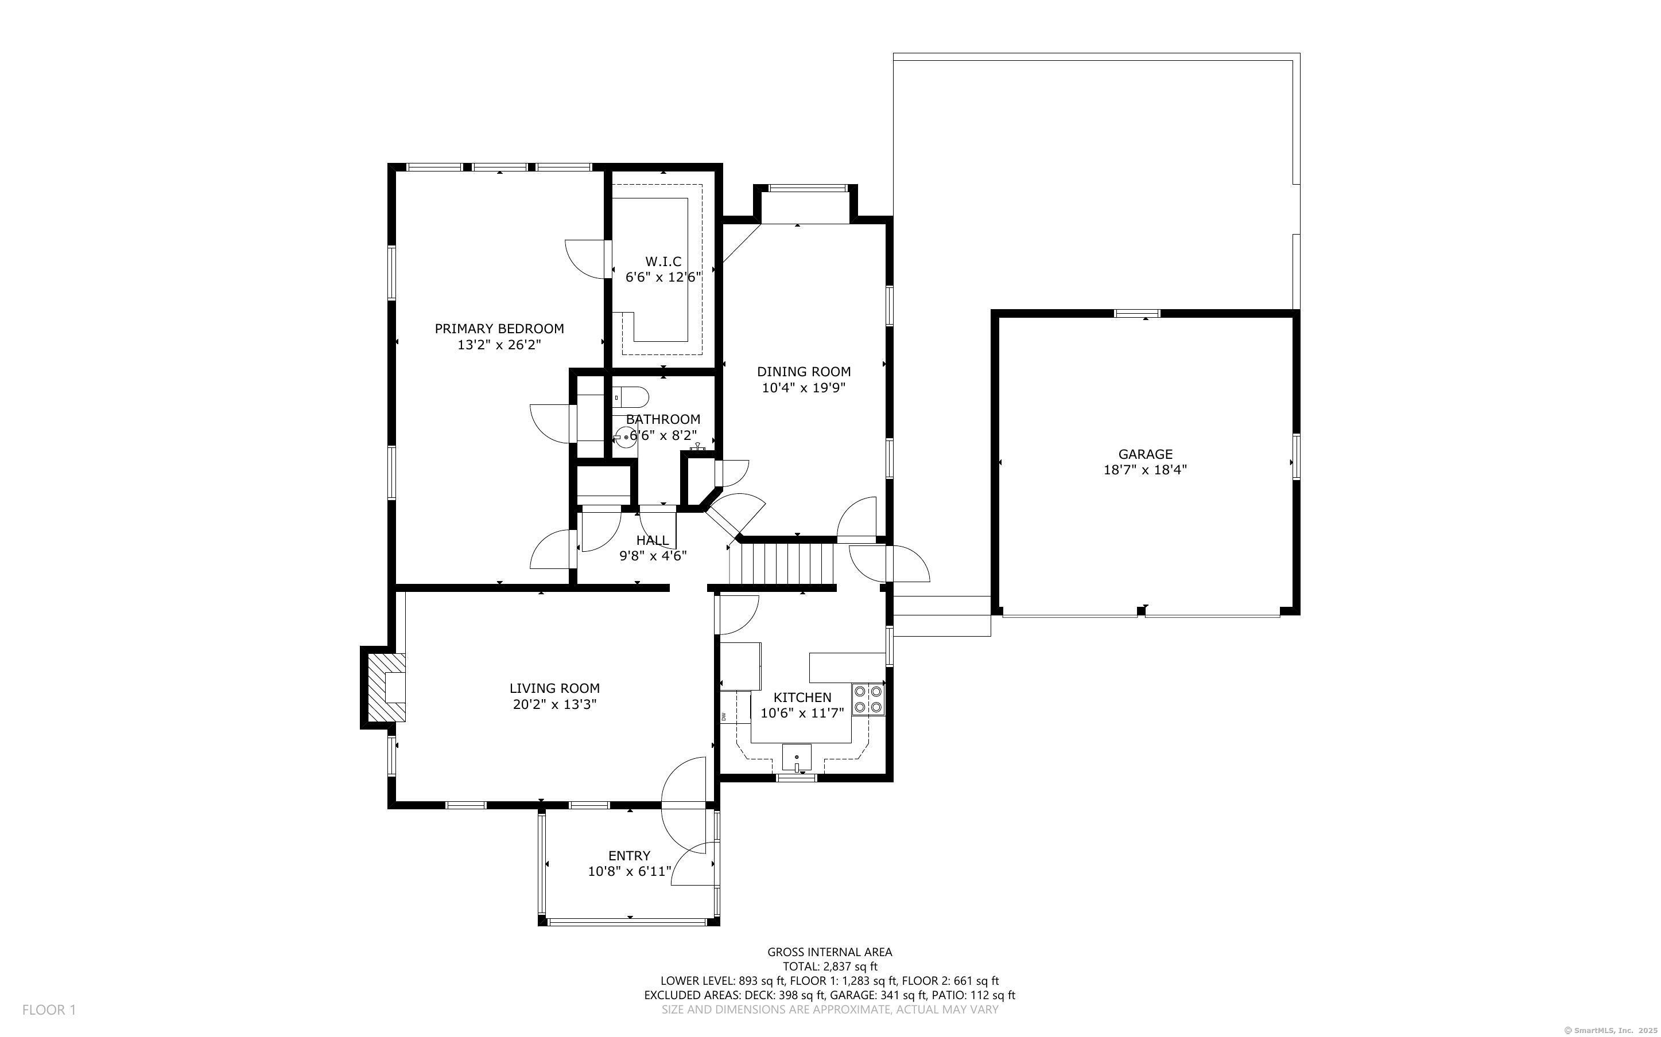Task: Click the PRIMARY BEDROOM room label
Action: pos(499,329)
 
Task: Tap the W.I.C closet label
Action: pos(663,262)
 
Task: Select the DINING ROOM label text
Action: pos(804,372)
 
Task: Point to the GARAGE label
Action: pos(1145,454)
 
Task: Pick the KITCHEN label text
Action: pos(802,697)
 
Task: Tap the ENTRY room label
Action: pos(629,856)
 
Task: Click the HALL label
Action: pos(652,540)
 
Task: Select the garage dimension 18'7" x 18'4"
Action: pos(1145,470)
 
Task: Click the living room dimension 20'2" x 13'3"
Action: pos(554,704)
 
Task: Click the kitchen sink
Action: pos(797,758)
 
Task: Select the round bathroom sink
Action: pos(625,437)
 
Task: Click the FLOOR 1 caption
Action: pos(49,1009)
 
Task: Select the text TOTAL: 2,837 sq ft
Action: pos(829,966)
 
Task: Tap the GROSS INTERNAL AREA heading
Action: pos(829,952)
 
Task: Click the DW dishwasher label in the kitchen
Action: pos(724,717)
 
